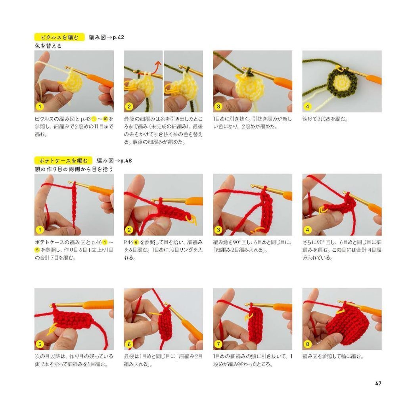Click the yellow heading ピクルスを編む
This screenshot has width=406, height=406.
point(59,38)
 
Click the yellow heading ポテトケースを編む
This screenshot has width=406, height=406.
point(63,161)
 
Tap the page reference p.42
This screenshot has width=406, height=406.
point(118,38)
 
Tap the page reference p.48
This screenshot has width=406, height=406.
point(126,161)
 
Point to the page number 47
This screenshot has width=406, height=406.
point(378,383)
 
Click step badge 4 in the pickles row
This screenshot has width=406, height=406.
point(308,106)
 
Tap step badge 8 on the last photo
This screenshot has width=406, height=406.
point(308,344)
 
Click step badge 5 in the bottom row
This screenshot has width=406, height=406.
point(40,344)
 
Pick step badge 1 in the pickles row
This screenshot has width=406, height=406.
point(40,106)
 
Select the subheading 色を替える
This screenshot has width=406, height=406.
point(48,46)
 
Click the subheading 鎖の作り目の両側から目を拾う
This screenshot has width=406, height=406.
point(75,169)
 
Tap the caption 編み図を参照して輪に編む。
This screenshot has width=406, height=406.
point(333,356)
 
